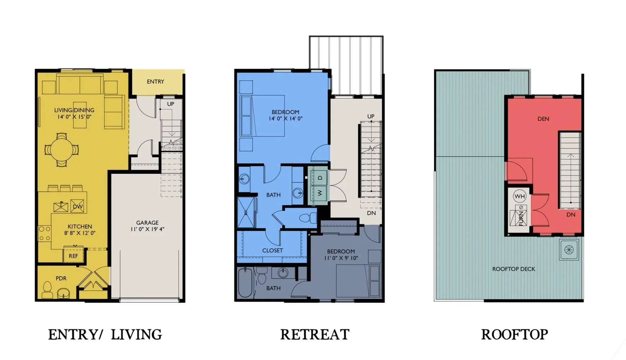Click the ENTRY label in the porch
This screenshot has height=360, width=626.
click(155, 82)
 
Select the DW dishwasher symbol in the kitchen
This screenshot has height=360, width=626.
click(77, 207)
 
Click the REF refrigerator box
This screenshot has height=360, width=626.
click(73, 256)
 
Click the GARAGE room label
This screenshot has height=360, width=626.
click(147, 223)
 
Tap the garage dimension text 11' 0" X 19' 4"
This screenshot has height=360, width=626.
click(147, 229)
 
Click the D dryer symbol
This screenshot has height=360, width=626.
click(320, 178)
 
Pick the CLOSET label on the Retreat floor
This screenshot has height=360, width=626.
click(272, 250)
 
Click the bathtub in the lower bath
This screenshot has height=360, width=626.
click(245, 283)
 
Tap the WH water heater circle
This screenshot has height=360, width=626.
click(519, 196)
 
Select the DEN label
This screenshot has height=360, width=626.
click(543, 119)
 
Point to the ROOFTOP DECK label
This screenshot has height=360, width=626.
click(513, 269)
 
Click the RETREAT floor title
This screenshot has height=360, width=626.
click(315, 334)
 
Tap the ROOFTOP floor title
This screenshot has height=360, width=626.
click(514, 334)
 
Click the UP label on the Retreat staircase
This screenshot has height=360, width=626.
click(371, 116)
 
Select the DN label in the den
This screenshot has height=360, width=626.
click(571, 214)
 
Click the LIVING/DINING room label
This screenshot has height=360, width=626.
click(74, 110)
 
